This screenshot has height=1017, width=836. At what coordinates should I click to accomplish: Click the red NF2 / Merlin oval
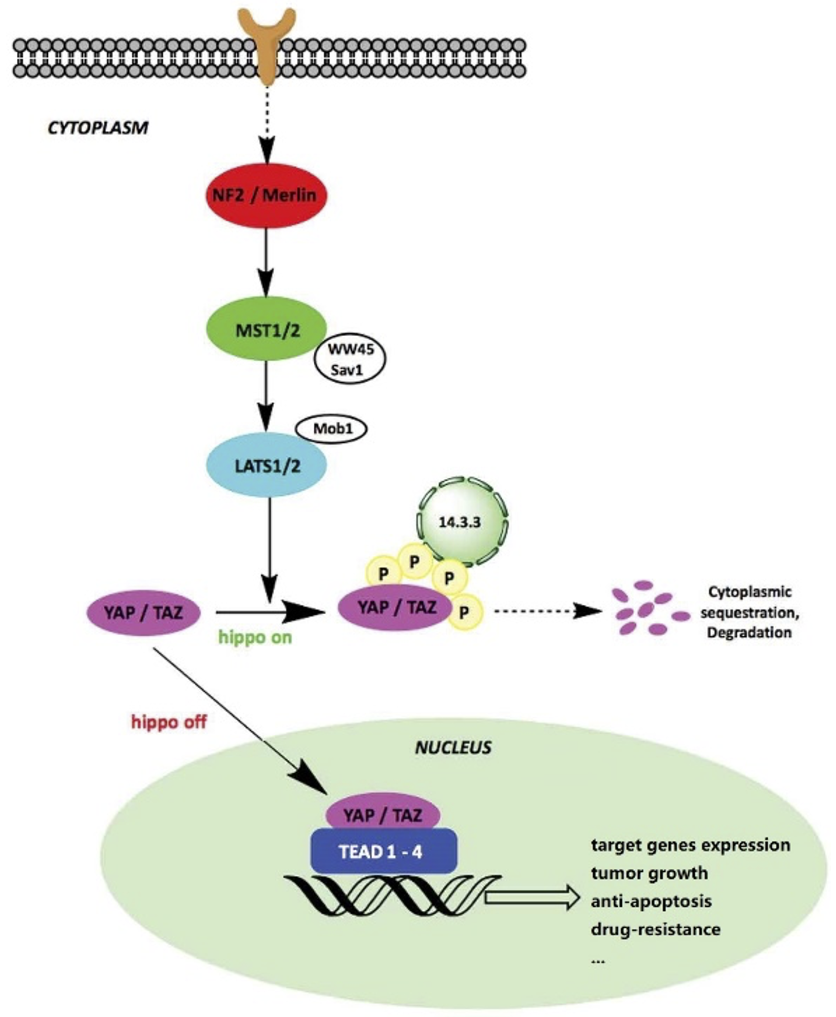[267, 195]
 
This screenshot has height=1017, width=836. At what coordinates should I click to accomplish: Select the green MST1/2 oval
[267, 329]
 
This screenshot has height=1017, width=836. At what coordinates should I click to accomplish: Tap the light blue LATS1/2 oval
[267, 465]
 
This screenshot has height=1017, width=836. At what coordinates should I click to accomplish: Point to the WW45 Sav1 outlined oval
[350, 360]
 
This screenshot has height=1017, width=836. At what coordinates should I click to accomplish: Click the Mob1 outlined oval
[333, 428]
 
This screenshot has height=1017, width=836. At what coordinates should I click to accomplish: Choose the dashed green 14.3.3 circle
[461, 522]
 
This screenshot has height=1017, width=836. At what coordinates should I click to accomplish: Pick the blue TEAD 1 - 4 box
[383, 852]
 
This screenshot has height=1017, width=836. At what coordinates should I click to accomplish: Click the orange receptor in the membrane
[267, 44]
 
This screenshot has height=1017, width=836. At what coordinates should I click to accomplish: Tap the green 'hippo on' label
[255, 638]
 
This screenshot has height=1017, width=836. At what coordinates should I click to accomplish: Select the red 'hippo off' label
[168, 722]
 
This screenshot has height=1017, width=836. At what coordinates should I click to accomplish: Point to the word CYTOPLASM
[98, 128]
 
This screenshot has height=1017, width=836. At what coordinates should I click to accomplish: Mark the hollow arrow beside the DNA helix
[532, 897]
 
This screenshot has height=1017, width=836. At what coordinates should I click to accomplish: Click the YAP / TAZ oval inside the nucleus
[383, 815]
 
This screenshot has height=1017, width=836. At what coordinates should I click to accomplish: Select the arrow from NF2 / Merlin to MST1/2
[267, 262]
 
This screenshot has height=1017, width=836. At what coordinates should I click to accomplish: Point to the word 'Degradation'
[749, 633]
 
